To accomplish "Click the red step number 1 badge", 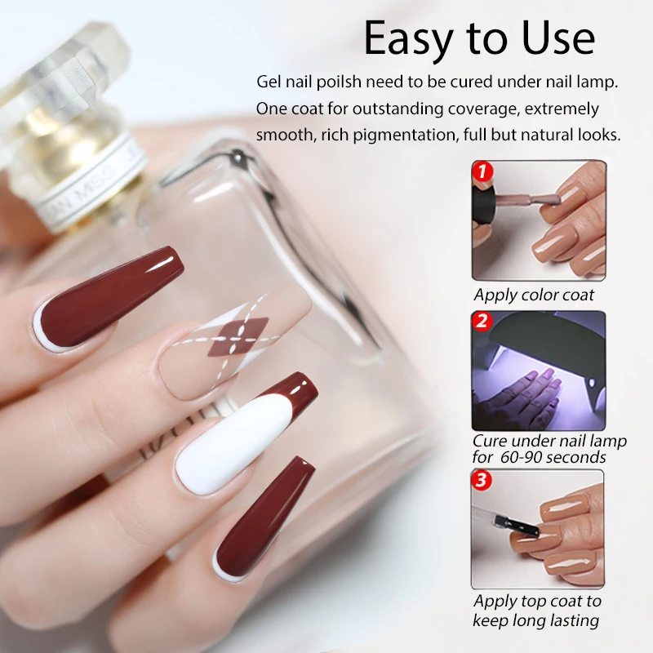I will point(483,171).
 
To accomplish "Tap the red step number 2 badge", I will point(482,322).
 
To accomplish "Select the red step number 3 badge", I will point(482,481).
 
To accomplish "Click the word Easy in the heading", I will point(406,38).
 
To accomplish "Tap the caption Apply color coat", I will point(534,295).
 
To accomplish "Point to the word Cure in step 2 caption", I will point(492,441).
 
